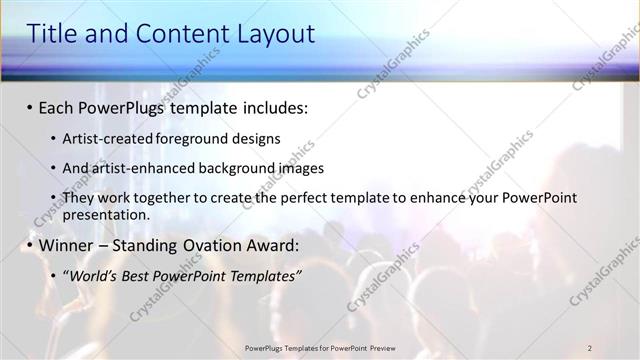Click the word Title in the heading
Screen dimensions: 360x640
click(51, 34)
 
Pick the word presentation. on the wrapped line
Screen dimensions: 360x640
click(106, 214)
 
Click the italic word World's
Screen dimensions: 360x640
click(96, 274)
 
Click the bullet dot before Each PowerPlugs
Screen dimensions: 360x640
click(30, 106)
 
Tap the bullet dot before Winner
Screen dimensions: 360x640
click(30, 245)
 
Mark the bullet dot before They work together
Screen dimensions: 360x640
click(52, 199)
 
